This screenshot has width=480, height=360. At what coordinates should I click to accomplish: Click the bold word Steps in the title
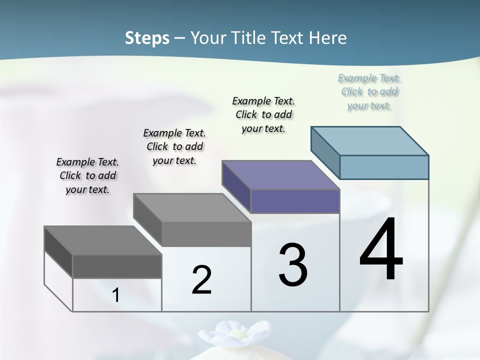147,38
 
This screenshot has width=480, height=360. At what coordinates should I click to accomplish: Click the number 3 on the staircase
293,265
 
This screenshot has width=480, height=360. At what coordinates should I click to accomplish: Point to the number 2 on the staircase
201,280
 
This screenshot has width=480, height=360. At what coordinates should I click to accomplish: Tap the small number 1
116,295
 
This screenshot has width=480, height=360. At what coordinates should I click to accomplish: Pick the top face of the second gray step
192,207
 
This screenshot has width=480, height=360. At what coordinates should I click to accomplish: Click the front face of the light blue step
384,167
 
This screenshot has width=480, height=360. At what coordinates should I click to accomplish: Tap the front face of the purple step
295,201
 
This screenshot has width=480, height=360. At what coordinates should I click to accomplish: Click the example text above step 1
87,175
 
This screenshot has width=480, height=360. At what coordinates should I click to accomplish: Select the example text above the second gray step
174,146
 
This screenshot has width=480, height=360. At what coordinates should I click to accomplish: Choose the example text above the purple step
263,114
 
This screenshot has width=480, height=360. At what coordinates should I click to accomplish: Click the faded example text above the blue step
369,91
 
